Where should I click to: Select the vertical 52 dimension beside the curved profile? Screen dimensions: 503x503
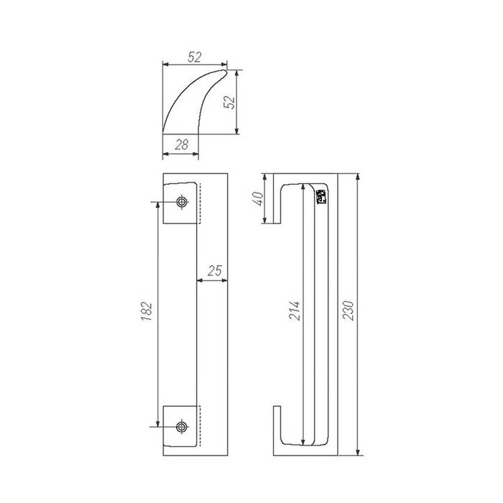[231, 101]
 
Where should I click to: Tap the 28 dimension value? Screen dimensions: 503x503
[182, 144]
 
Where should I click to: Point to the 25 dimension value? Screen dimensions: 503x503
[213, 271]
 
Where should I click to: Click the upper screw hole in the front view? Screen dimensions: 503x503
[181, 202]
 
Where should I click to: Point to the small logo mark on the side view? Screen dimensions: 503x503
[321, 196]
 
